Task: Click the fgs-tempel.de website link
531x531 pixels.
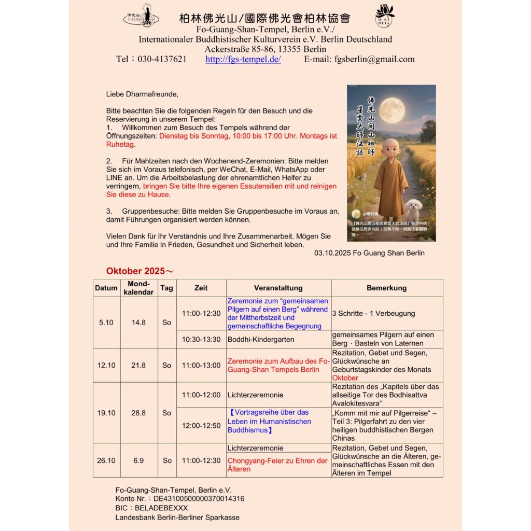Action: [243, 59]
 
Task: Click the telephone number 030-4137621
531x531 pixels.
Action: [162, 59]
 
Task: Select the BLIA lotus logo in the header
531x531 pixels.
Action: [385, 16]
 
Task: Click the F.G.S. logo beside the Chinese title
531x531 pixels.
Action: [142, 16]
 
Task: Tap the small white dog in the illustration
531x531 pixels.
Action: [413, 209]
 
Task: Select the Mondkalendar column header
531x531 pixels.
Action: [139, 288]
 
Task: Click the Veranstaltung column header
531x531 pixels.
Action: [278, 288]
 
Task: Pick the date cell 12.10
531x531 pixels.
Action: [106, 365]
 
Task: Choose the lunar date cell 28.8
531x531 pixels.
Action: [138, 413]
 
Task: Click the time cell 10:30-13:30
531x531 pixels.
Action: [201, 339]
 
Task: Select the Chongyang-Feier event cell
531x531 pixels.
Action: [277, 465]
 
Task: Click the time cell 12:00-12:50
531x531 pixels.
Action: [201, 425]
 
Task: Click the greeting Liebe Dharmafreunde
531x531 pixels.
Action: [142, 94]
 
